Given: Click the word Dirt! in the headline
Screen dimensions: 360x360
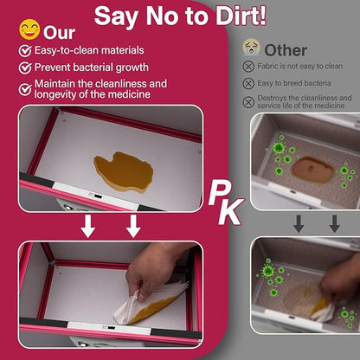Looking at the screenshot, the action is pos(241,16).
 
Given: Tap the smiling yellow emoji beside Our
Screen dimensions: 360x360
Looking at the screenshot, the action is pos(29,29).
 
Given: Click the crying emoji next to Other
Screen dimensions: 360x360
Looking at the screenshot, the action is pos(251,48).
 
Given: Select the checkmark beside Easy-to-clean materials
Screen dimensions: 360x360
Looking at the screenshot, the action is pos(25,51).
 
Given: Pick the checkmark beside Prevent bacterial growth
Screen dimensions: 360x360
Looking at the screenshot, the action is pos(25,67).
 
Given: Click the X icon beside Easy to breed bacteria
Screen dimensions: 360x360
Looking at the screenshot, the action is pos(248,84).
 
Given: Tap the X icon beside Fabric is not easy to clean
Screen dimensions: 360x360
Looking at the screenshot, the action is pos(248,67).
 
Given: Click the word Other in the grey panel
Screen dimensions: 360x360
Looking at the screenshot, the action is pos(286,50).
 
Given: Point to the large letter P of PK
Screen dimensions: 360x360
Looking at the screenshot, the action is pos(218,193).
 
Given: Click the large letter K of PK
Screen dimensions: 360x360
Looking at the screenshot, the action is pos(230,212).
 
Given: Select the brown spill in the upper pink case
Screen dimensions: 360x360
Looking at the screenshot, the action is pos(124,172).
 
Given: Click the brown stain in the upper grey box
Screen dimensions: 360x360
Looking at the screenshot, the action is pos(312,170).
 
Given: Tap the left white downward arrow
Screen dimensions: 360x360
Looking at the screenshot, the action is pos(87,227).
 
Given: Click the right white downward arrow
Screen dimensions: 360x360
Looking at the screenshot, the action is pos(133,227).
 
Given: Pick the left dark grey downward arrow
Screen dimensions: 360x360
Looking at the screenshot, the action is pos(299,223).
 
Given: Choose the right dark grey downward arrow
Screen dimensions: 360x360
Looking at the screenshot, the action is pos(335,223).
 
